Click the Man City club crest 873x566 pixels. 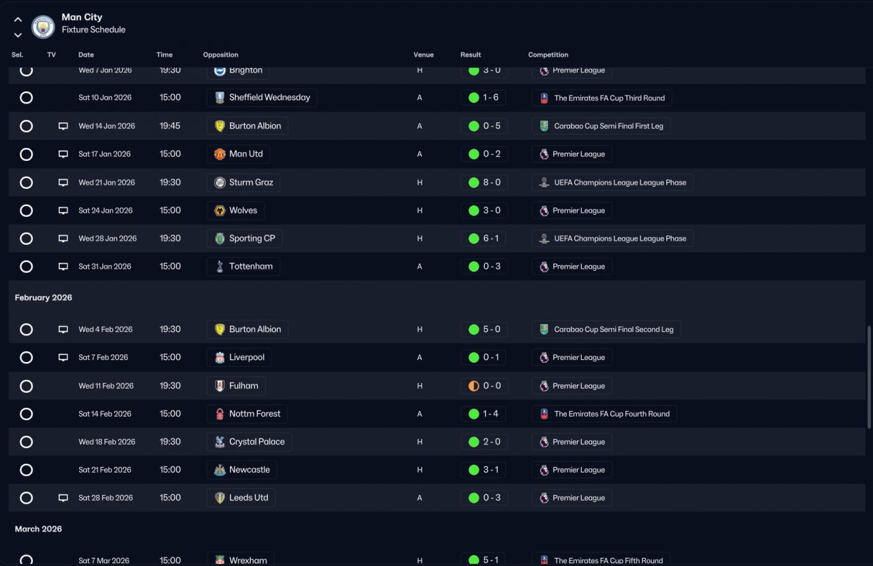[43, 27]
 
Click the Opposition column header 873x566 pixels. [220, 55]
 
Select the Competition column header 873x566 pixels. [548, 55]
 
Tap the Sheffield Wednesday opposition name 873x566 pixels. [269, 98]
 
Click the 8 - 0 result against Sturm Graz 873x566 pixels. [492, 182]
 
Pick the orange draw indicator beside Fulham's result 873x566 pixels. [473, 386]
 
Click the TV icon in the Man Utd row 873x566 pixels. [63, 154]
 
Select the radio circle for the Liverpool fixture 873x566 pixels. [26, 357]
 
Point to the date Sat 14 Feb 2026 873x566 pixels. [105, 413]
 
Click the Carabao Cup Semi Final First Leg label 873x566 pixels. [608, 126]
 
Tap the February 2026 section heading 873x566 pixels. [43, 297]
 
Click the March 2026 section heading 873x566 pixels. [38, 529]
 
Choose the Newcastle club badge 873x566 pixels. [220, 470]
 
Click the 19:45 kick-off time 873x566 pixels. [170, 126]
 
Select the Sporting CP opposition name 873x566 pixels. [252, 238]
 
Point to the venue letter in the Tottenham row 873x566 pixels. [419, 267]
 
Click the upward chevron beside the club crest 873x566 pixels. [18, 19]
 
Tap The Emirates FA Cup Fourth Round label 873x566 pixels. [612, 413]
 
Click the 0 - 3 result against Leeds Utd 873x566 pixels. [492, 498]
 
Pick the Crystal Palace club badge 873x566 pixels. [220, 442]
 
